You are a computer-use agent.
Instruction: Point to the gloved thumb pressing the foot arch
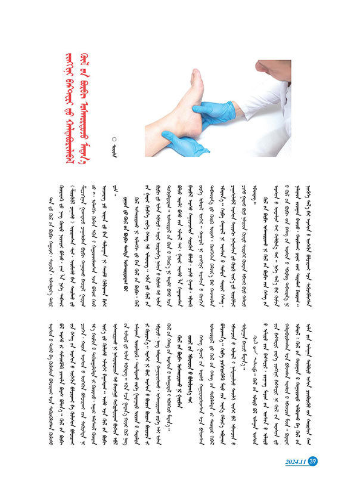206,107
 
